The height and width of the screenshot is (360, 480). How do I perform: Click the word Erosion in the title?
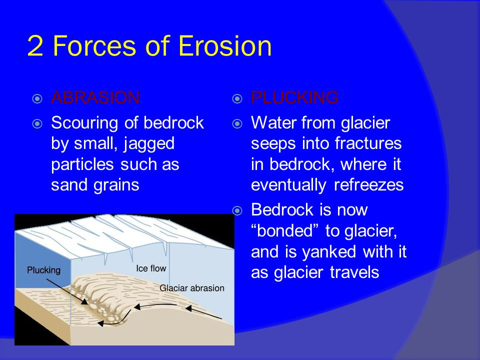(x=225, y=46)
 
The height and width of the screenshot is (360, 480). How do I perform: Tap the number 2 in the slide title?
(x=35, y=46)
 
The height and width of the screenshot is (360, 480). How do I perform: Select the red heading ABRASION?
(x=95, y=97)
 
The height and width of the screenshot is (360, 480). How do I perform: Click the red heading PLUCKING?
(x=295, y=97)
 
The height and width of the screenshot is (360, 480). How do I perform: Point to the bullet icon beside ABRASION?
(x=37, y=98)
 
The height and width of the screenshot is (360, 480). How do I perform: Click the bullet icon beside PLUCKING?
(x=237, y=98)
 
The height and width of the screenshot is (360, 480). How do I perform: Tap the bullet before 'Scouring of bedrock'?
(x=37, y=123)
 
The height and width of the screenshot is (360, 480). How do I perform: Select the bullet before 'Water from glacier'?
(x=237, y=123)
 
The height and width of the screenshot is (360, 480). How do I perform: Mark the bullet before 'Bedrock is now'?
(x=237, y=210)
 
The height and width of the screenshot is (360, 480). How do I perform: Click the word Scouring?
(x=84, y=123)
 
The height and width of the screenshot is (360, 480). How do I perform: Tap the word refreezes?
(x=368, y=185)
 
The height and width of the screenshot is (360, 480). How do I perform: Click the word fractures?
(x=368, y=143)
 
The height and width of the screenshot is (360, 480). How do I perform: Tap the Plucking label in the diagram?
(x=44, y=270)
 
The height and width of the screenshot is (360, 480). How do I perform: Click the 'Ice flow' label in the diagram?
(x=151, y=268)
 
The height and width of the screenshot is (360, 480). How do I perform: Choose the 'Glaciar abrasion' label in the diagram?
(x=192, y=288)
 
